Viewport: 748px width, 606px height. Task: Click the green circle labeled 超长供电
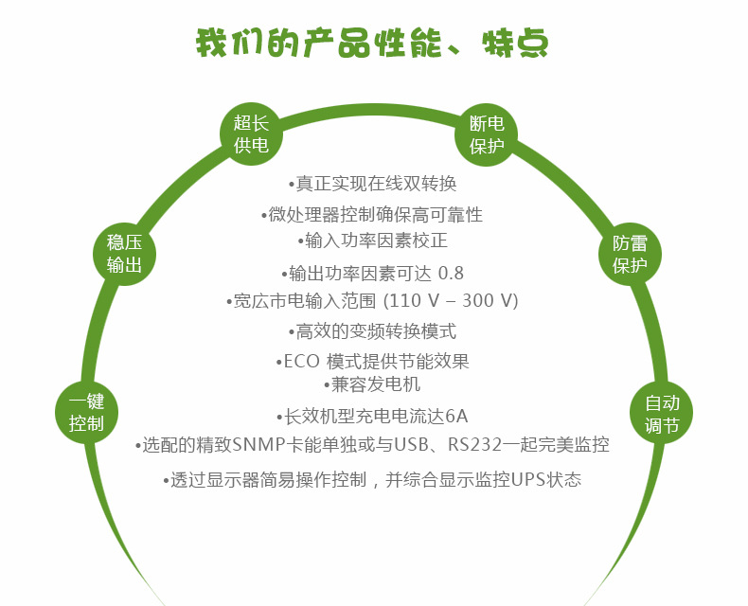pos(251,134)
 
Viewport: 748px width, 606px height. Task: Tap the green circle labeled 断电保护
pos(486,135)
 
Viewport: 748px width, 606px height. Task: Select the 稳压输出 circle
pos(124,254)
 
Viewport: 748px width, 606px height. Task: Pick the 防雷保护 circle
pos(630,255)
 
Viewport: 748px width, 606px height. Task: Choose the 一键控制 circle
pos(86,412)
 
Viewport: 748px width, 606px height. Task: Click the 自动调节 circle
pos(661,413)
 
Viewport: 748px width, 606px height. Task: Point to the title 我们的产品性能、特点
pos(372,44)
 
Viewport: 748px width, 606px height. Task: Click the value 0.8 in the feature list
pos(451,274)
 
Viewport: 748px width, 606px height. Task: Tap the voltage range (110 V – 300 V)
pos(451,300)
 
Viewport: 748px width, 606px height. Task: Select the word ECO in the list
pos(301,361)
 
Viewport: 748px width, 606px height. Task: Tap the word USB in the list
pos(411,445)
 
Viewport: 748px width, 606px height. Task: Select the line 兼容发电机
pos(372,384)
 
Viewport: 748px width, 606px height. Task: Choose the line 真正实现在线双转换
pos(372,184)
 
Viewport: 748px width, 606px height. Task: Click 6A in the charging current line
pos(456,416)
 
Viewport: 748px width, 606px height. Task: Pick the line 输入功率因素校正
pos(372,241)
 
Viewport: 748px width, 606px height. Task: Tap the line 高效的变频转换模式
pos(372,331)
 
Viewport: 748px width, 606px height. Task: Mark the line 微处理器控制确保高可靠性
pos(372,214)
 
